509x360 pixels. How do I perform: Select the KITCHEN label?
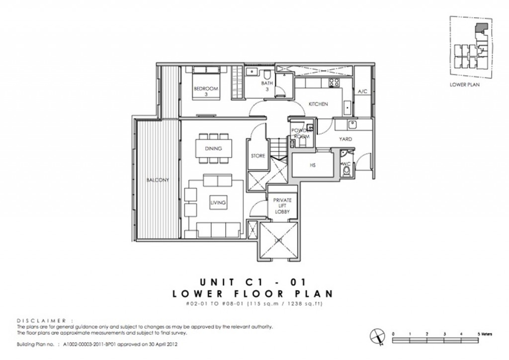(x=318, y=104)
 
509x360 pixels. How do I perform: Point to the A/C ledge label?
(x=362, y=91)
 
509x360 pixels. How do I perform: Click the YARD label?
(x=345, y=139)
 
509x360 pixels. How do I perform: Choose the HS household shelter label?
(x=313, y=165)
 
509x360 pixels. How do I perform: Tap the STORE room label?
(x=257, y=156)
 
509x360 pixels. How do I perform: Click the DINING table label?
(x=213, y=148)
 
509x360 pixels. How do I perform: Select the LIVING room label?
(x=218, y=202)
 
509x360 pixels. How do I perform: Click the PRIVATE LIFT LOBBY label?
(x=282, y=206)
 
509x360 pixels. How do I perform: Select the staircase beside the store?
(x=278, y=149)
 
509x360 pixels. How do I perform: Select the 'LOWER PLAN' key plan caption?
(x=464, y=85)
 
